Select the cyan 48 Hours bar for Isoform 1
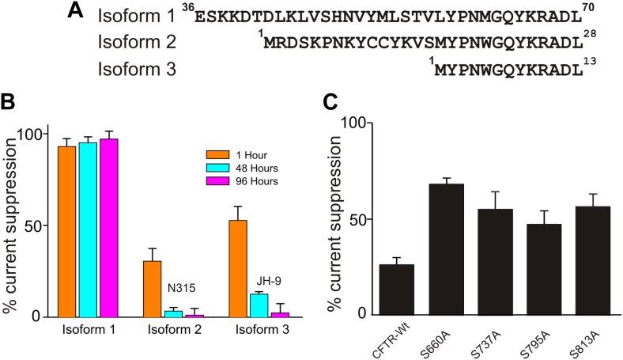coord(88,229)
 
